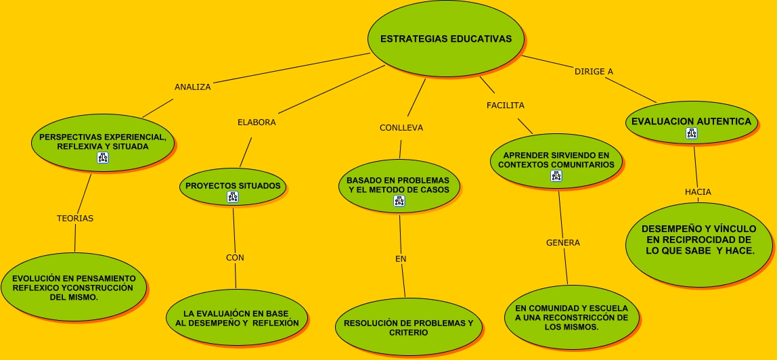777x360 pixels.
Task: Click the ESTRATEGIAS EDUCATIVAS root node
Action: tap(445, 39)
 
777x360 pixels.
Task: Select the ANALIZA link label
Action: tap(193, 87)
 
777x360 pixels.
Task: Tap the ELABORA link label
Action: tap(257, 122)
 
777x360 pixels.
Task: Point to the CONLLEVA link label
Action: tap(401, 128)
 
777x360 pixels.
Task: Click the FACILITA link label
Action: tap(506, 106)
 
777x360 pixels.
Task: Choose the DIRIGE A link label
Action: tap(594, 72)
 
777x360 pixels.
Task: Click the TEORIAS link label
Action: tap(75, 219)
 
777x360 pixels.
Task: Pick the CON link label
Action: tap(235, 258)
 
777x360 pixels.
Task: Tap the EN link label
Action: tap(401, 259)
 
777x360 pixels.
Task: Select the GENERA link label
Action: tap(563, 243)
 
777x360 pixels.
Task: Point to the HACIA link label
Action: tap(698, 192)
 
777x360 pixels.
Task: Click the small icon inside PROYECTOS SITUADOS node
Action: tap(233, 197)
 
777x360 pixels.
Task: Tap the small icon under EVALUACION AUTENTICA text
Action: tap(691, 134)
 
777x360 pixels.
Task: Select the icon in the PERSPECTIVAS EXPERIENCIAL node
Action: tap(103, 158)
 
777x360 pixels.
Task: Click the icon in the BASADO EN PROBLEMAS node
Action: tap(399, 200)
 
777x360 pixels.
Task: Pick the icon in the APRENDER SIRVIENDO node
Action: tap(556, 176)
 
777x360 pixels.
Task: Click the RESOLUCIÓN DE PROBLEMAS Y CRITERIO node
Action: tap(408, 328)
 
